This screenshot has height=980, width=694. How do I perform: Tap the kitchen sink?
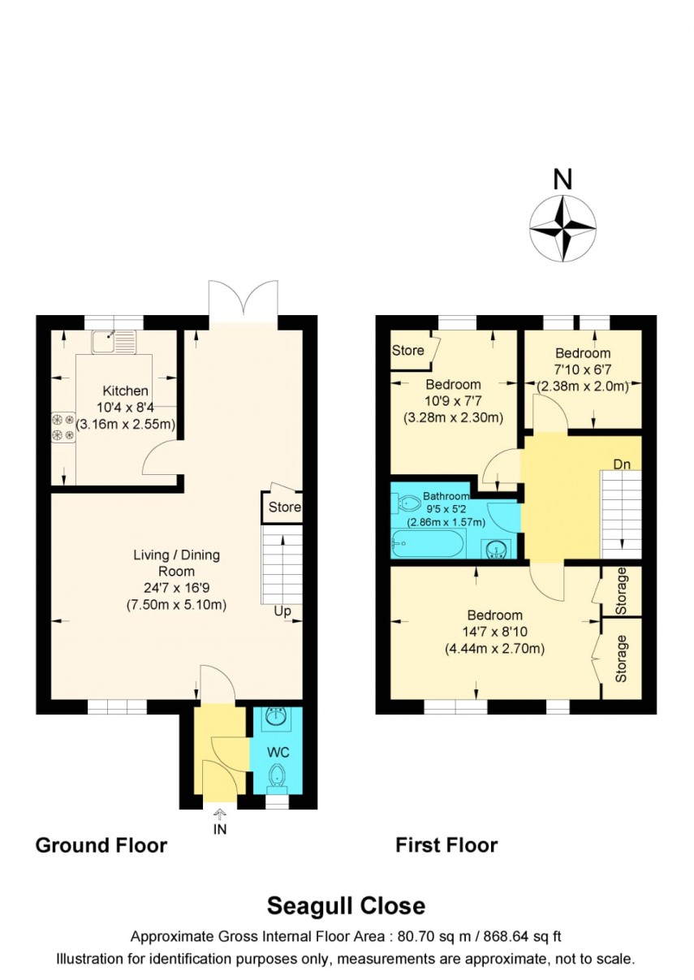[x=114, y=342]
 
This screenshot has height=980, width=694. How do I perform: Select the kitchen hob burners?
[x=63, y=428]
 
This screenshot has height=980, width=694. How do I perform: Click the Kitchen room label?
[x=125, y=391]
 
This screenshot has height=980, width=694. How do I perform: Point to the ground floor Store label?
[x=285, y=507]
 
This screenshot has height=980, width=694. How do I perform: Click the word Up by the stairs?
[x=282, y=611]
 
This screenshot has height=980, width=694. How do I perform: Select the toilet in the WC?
[x=278, y=775]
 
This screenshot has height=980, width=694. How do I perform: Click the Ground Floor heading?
[x=101, y=845]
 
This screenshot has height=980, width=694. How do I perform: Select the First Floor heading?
[x=446, y=845]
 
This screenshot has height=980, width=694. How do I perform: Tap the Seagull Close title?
[x=347, y=905]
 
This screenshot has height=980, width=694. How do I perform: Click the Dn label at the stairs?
[x=623, y=464]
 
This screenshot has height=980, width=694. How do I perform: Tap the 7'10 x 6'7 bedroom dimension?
[x=583, y=370]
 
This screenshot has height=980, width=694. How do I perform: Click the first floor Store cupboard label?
[x=407, y=351]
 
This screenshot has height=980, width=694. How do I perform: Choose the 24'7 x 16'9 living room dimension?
[x=176, y=588]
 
